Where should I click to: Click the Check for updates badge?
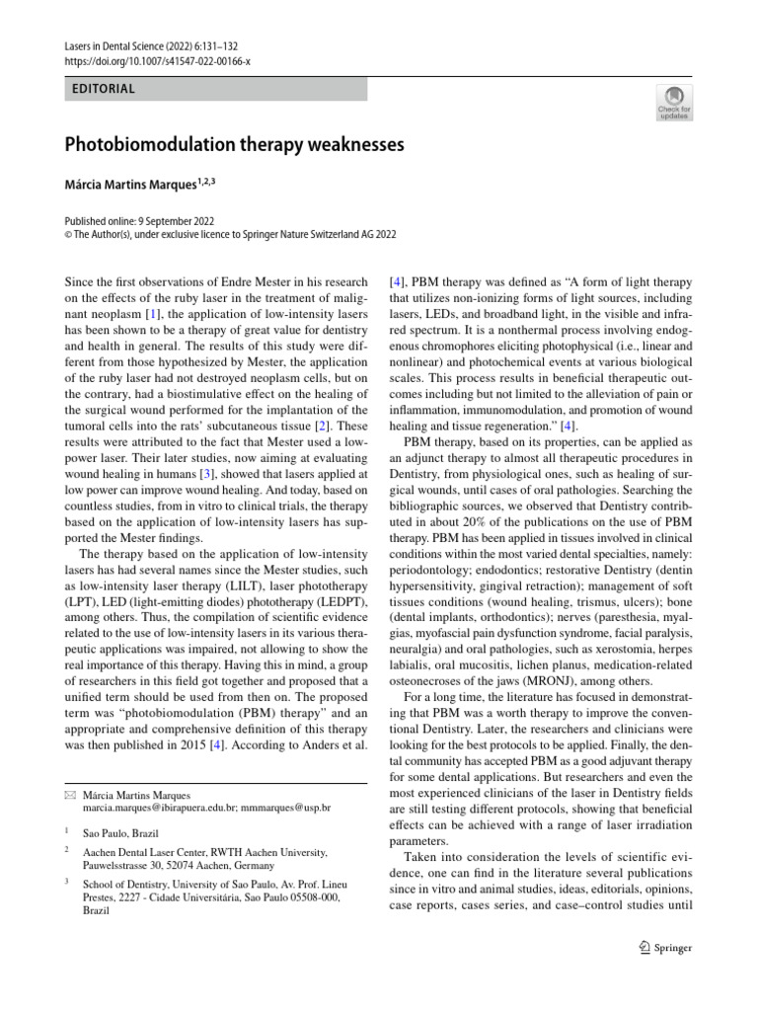click(675, 101)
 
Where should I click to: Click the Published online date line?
click(139, 222)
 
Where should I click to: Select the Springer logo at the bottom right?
click(666, 948)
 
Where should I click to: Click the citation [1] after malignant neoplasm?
click(153, 314)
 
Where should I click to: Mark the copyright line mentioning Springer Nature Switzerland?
click(229, 235)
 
